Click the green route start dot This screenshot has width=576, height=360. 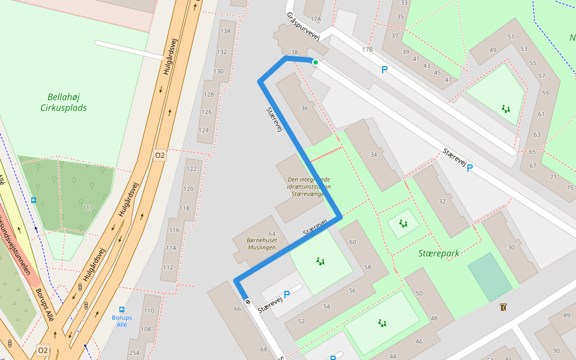(315, 62)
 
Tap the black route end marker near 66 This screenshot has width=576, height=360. (247, 301)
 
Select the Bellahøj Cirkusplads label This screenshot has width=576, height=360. (64, 102)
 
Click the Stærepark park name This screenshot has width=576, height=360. (439, 253)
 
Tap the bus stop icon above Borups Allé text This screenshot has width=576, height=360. (122, 310)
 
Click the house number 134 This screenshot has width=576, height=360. (226, 31)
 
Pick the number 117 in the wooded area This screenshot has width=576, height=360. (88, 208)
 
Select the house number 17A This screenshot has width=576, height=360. (316, 19)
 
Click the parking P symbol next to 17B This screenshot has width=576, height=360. (385, 70)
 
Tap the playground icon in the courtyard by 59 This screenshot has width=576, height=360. (506, 109)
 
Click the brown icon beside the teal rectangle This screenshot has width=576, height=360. (503, 308)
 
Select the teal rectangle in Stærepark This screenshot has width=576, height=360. (491, 277)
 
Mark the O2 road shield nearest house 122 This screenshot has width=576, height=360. (160, 155)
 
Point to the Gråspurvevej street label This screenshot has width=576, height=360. (304, 26)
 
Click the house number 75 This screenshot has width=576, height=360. (570, 188)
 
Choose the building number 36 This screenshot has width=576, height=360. (304, 108)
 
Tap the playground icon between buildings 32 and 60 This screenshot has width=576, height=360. (403, 224)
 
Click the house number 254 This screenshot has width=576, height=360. (134, 352)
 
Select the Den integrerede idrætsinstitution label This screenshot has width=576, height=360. (309, 186)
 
